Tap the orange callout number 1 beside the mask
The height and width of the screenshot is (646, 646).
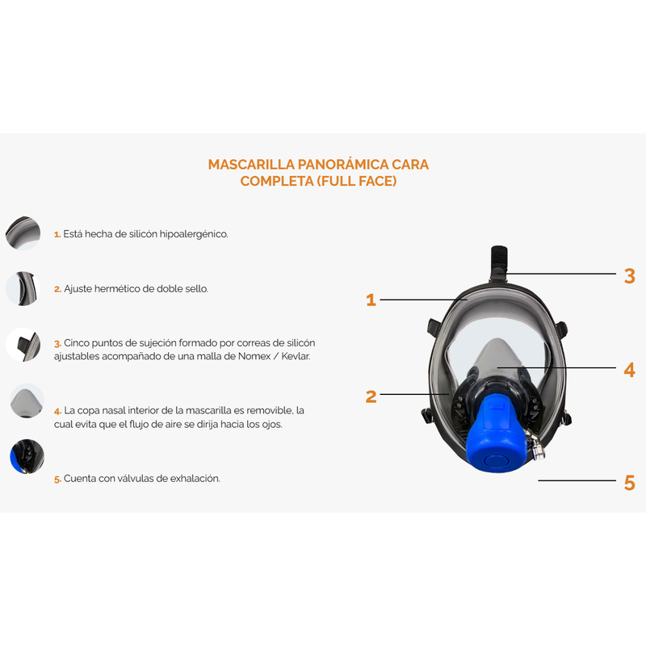(x=371, y=300)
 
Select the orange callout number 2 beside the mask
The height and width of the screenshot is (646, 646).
(x=371, y=396)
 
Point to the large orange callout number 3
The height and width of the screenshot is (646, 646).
(x=630, y=276)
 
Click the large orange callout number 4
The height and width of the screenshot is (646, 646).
(x=630, y=370)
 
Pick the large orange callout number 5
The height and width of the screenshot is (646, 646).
(x=630, y=483)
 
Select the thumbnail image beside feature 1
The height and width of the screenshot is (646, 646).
(x=23, y=233)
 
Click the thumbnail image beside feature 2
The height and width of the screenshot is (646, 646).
(x=23, y=288)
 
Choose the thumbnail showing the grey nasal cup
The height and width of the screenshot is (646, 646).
(x=24, y=401)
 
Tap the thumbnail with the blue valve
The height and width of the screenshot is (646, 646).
(x=24, y=455)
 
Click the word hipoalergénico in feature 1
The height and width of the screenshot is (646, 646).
(x=192, y=234)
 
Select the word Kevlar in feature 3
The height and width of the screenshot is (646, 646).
(x=293, y=356)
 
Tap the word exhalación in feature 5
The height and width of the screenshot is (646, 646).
(x=193, y=479)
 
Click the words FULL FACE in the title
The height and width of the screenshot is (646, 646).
(x=356, y=181)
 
